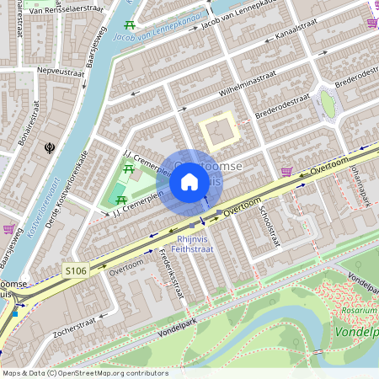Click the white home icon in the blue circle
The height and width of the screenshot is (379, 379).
[x=189, y=182]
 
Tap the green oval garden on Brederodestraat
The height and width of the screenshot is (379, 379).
[x=327, y=104]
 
